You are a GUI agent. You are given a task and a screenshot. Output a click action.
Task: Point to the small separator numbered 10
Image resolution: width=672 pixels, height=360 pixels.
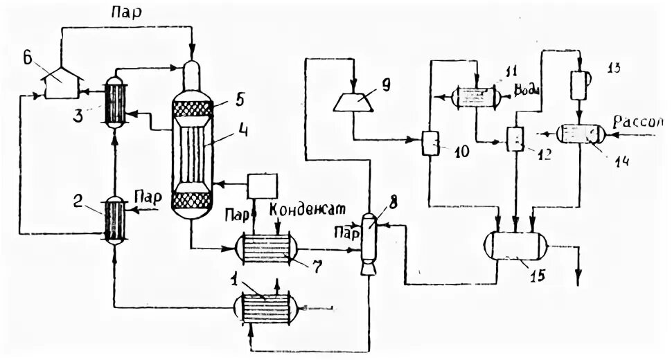click(431, 144)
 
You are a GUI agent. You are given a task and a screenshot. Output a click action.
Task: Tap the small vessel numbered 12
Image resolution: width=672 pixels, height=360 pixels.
click(515, 139)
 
